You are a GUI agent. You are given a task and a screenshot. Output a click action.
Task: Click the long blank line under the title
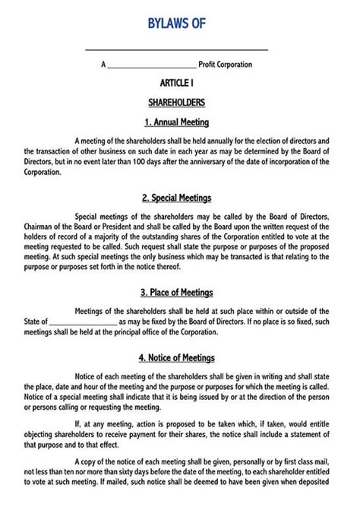177,49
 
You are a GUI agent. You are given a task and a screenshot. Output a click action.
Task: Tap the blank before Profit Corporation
152,66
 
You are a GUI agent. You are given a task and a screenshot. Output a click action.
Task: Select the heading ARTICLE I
177,83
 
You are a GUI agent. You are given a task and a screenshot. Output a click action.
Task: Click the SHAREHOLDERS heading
177,102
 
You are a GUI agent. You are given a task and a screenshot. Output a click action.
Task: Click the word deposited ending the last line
312,482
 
